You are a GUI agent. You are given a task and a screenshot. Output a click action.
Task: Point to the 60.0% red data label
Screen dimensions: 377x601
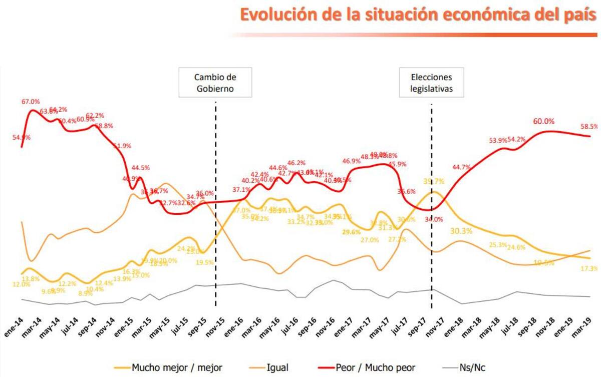click(x=543, y=121)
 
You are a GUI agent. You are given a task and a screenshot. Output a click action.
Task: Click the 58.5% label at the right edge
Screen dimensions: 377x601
click(x=589, y=127)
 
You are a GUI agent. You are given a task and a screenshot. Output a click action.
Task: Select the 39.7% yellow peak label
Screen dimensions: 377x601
click(x=433, y=182)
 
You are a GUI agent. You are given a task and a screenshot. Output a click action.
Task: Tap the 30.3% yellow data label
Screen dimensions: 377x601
click(x=461, y=231)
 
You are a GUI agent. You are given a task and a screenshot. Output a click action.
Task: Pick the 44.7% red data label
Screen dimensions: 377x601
click(x=461, y=167)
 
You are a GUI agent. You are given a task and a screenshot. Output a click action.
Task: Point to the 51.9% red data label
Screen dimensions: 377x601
click(x=122, y=146)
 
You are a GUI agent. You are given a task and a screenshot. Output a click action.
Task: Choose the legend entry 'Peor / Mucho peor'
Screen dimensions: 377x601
click(x=376, y=368)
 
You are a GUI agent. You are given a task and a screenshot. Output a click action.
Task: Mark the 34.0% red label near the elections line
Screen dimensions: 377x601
click(x=434, y=219)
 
